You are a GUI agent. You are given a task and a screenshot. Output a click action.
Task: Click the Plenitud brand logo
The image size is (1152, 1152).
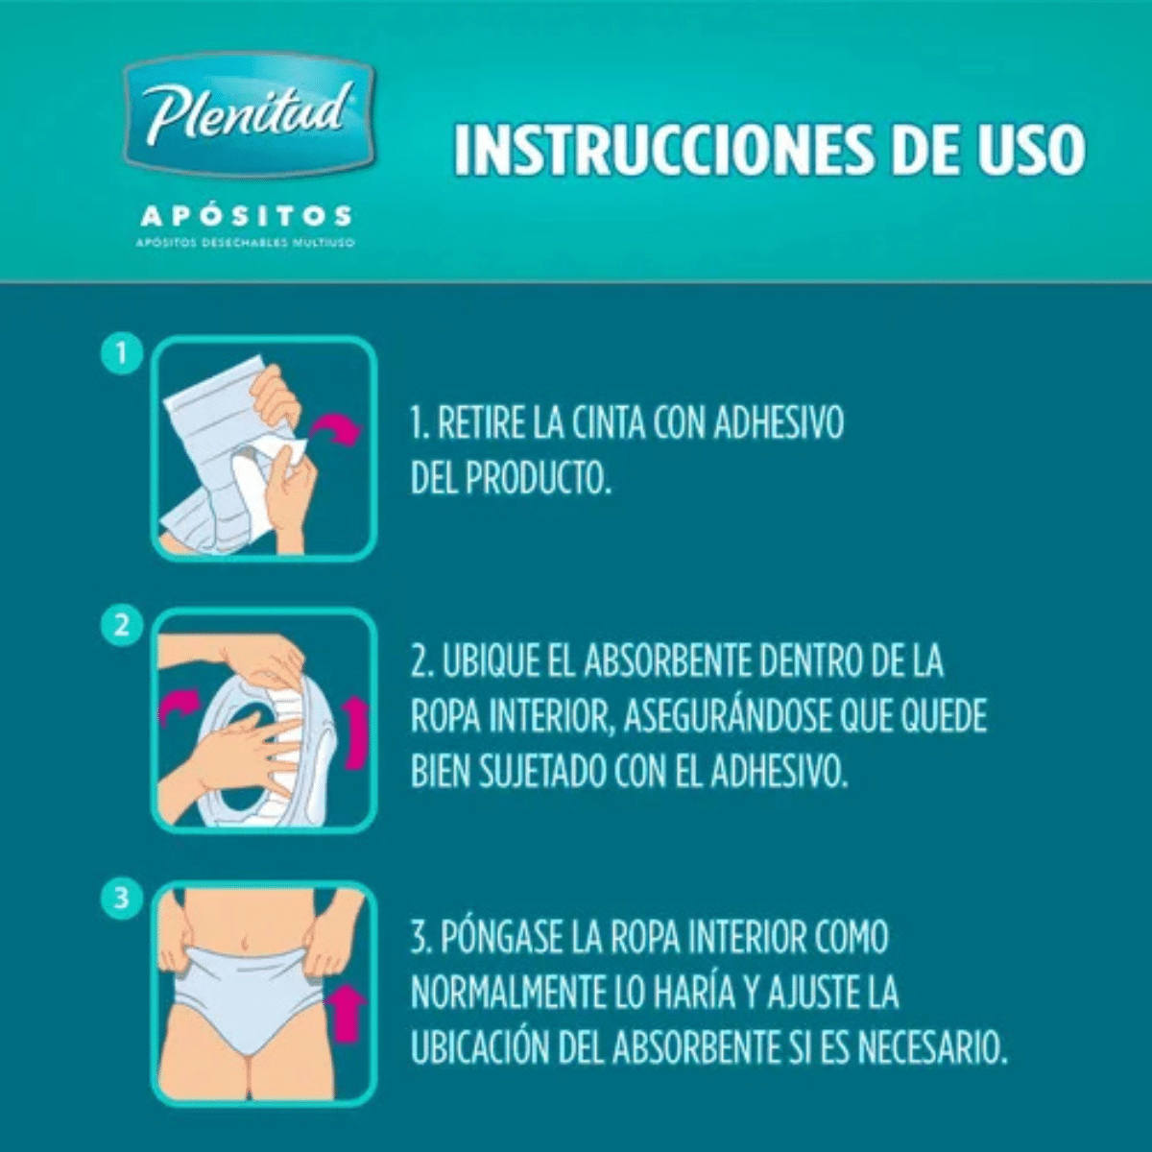coord(249,116)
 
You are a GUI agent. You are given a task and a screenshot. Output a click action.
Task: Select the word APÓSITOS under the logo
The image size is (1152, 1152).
coord(247,216)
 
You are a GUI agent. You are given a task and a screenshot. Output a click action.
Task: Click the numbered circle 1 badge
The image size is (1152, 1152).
coord(122,354)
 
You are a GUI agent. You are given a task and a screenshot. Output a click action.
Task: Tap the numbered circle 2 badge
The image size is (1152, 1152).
coord(122,626)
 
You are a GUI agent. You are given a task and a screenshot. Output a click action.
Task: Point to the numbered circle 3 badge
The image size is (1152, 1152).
coord(122,898)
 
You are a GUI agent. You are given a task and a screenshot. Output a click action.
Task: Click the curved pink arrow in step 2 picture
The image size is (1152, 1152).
coord(179,705)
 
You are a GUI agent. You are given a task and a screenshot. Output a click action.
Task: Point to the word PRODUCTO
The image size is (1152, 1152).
coord(538,478)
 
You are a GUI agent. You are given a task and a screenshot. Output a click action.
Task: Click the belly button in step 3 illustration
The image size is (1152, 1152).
coord(245,943)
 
